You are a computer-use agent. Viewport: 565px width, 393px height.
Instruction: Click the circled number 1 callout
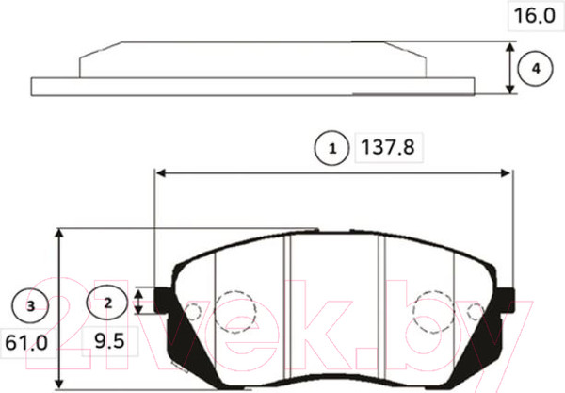coord(331,148)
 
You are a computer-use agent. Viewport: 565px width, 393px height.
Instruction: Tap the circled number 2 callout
coord(107,303)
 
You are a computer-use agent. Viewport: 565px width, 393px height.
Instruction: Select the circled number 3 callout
coord(31,305)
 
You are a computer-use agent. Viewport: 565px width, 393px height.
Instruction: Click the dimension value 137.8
coord(383,148)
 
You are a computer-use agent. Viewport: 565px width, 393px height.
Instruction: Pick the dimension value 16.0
coord(533,17)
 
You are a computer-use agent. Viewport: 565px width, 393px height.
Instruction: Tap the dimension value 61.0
coord(28,342)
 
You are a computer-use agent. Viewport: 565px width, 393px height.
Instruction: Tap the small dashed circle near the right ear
coord(476,311)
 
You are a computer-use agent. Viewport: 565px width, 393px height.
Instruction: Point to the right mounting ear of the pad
coord(507,298)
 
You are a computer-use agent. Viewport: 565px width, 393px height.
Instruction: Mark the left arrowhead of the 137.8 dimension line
coord(160,173)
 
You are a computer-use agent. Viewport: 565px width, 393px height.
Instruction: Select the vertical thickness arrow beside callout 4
coord(510,68)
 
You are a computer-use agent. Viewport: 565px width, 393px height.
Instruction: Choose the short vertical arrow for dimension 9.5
coord(139,302)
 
